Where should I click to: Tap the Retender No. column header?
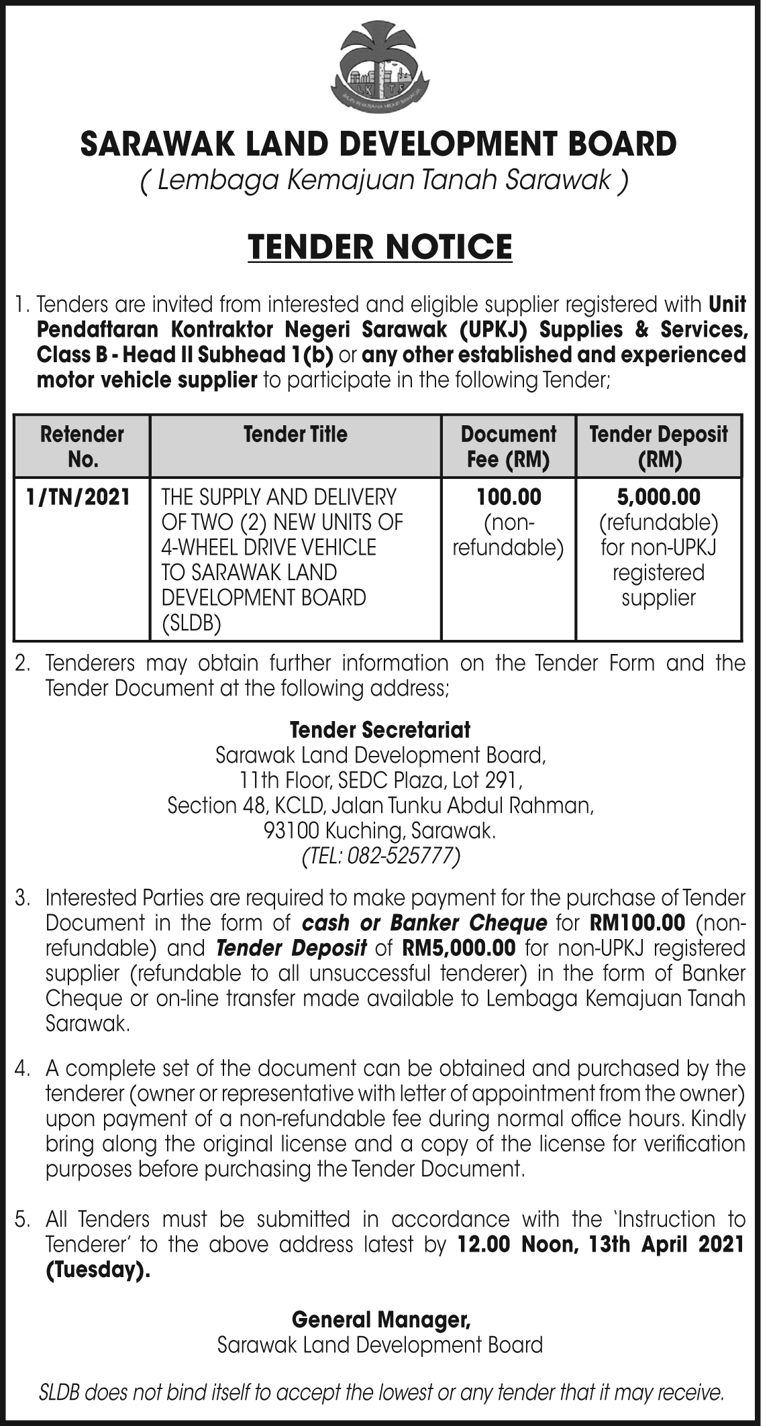coord(82,446)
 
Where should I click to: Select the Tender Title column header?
coord(295,434)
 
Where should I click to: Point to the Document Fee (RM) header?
coord(508,446)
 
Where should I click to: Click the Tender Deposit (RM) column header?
coord(658,446)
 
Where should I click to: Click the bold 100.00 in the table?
coord(508,497)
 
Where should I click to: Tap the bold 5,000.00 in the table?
coord(658,497)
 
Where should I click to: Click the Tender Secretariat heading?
coord(380,729)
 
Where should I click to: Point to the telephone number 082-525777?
coord(400,857)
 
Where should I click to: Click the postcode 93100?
coord(292,832)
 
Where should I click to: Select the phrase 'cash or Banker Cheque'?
coord(425,923)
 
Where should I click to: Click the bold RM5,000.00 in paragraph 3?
coord(459,948)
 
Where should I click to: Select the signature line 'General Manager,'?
coord(380,1320)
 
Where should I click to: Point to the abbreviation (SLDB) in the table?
coord(191,624)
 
